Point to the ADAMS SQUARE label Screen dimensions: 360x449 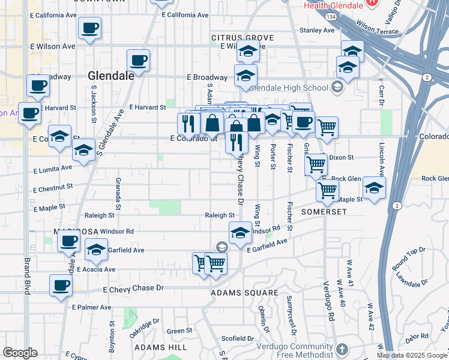[244, 293]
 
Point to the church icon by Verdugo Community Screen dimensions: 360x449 [342, 349]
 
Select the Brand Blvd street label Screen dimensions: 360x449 [27, 273]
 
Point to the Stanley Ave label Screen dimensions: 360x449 [312, 29]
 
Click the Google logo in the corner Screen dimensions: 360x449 [20, 353]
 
